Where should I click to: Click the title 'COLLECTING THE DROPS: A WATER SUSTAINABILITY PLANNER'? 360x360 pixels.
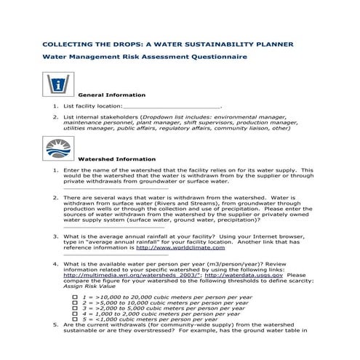[168, 44]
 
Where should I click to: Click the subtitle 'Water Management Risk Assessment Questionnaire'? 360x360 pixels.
[145, 57]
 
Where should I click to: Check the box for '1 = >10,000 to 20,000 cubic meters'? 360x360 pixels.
[75, 297]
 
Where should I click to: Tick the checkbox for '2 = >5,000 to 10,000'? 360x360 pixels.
[75, 305]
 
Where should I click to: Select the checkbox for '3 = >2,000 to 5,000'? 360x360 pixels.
[75, 311]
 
